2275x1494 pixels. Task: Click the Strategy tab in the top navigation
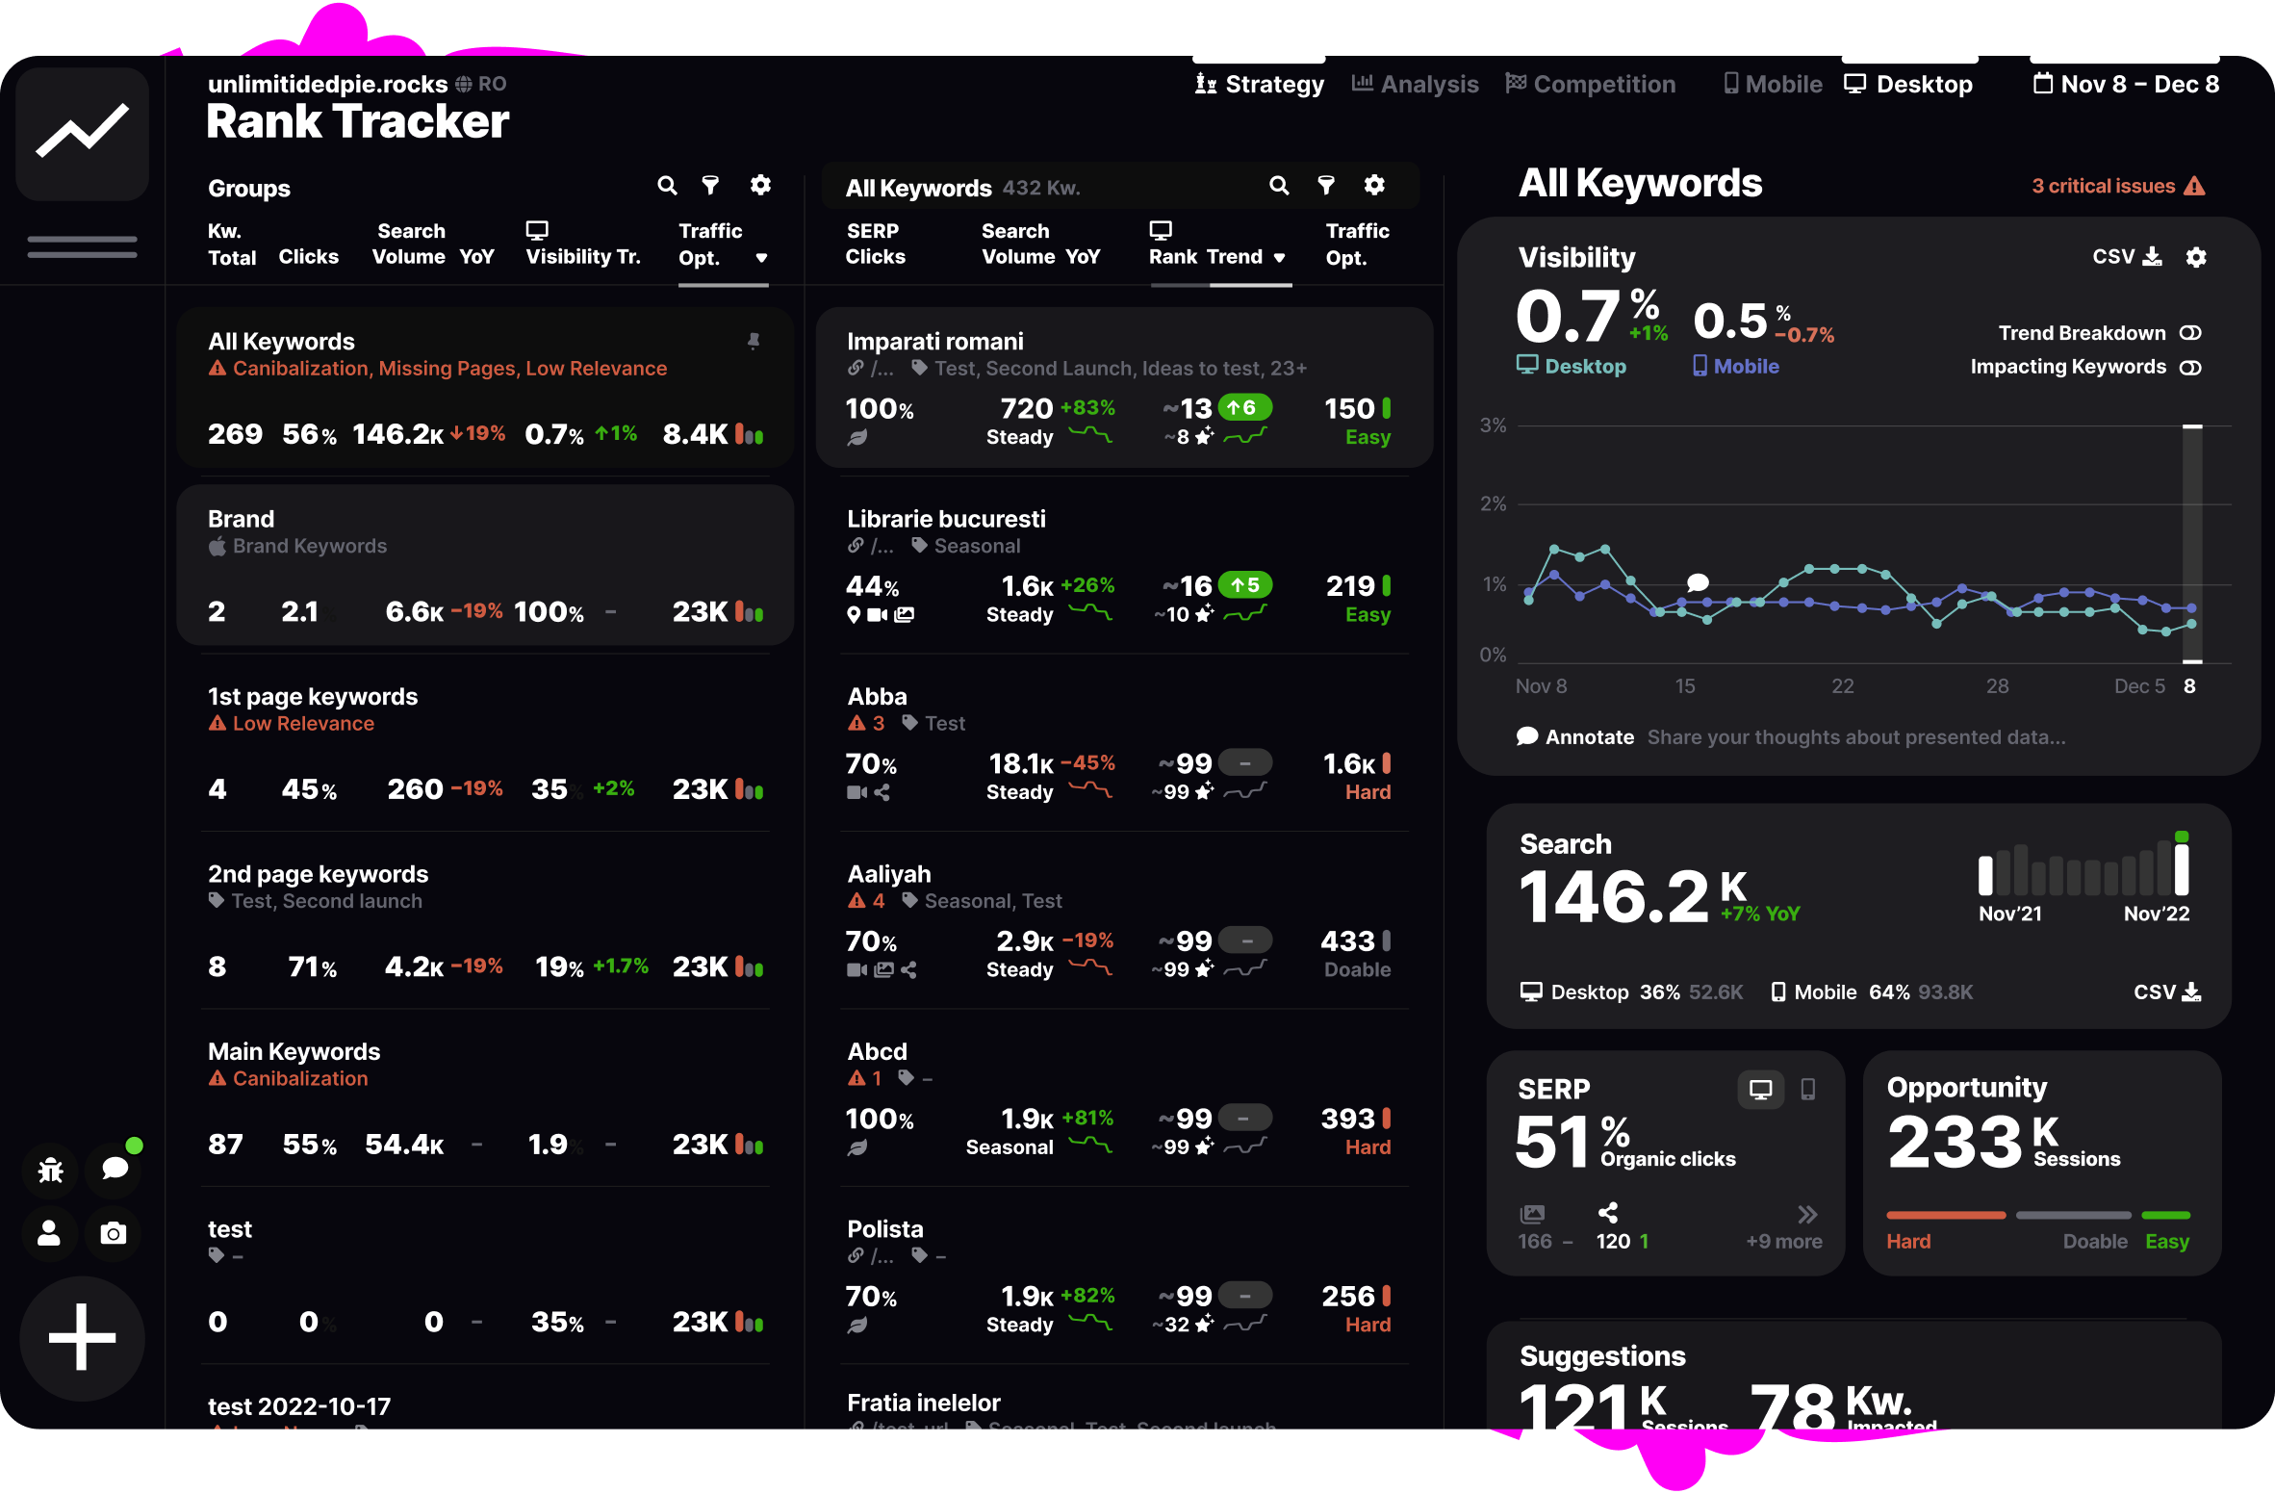(x=1260, y=85)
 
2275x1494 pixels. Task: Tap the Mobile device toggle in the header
(x=1773, y=85)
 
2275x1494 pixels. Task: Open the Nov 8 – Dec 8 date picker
(x=2126, y=85)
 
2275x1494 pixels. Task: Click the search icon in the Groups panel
(x=667, y=185)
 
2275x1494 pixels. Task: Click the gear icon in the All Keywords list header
(x=1374, y=185)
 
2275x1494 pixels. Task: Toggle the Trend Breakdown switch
(x=2190, y=333)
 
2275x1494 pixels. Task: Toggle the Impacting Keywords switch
(x=2190, y=368)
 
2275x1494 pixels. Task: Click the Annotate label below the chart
(x=1588, y=737)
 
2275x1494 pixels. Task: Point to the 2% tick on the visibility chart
(x=1493, y=503)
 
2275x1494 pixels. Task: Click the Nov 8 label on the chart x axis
(x=1541, y=686)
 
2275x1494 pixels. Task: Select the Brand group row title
(x=242, y=519)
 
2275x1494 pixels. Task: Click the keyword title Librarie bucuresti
(x=946, y=519)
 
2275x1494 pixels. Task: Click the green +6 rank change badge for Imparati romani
(x=1244, y=407)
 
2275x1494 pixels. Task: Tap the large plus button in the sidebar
(x=82, y=1337)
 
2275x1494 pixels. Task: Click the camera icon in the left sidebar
(x=114, y=1233)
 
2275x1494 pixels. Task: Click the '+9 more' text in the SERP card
(x=1783, y=1242)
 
